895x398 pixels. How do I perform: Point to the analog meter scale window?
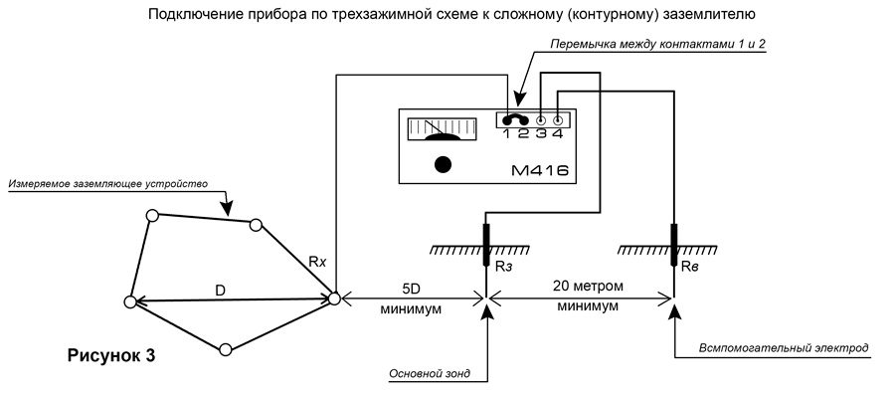443,128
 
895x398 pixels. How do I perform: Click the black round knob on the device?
443,164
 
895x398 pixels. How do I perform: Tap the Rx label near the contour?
317,262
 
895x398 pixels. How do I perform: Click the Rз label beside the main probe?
503,266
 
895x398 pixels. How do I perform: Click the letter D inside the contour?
221,290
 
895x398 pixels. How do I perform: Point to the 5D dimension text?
411,289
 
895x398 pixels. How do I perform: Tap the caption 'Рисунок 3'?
111,355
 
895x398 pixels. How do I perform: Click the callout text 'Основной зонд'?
430,374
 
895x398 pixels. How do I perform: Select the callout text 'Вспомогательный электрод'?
784,347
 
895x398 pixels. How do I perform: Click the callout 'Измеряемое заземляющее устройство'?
107,184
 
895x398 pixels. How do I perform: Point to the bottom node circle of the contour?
226,349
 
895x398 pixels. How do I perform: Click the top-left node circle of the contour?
152,215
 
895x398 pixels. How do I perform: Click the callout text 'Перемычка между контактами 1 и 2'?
656,44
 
